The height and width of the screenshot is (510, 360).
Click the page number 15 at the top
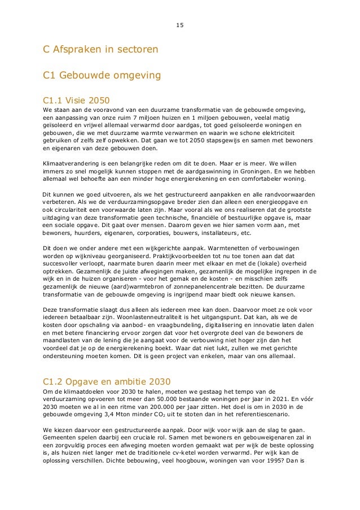coord(179,25)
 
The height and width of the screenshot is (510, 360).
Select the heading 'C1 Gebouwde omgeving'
coord(98,75)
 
